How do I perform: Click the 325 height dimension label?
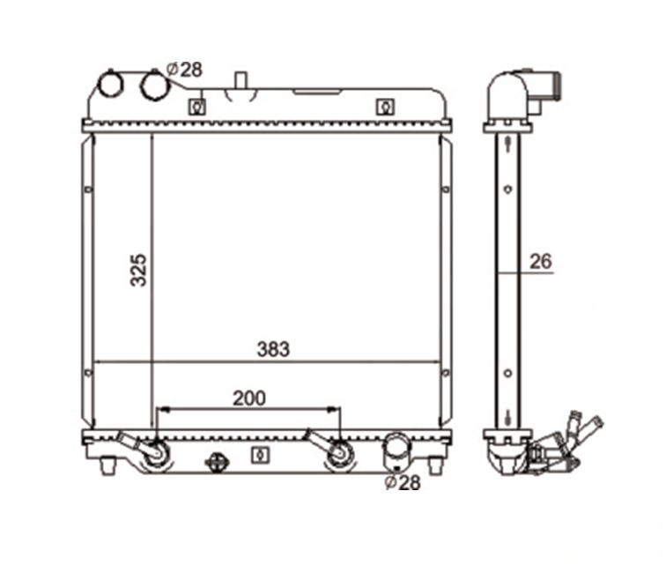coord(138,271)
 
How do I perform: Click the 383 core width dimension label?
coord(273,349)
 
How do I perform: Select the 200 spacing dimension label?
coord(249,398)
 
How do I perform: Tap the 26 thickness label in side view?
coord(541,262)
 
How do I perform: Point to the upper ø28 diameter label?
coord(184,70)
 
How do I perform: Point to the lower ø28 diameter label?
coord(403,482)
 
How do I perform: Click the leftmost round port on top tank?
coord(110,84)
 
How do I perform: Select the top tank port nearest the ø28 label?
coord(155,86)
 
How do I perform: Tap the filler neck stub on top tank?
coord(241,81)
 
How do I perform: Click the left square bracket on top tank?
coord(197,107)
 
